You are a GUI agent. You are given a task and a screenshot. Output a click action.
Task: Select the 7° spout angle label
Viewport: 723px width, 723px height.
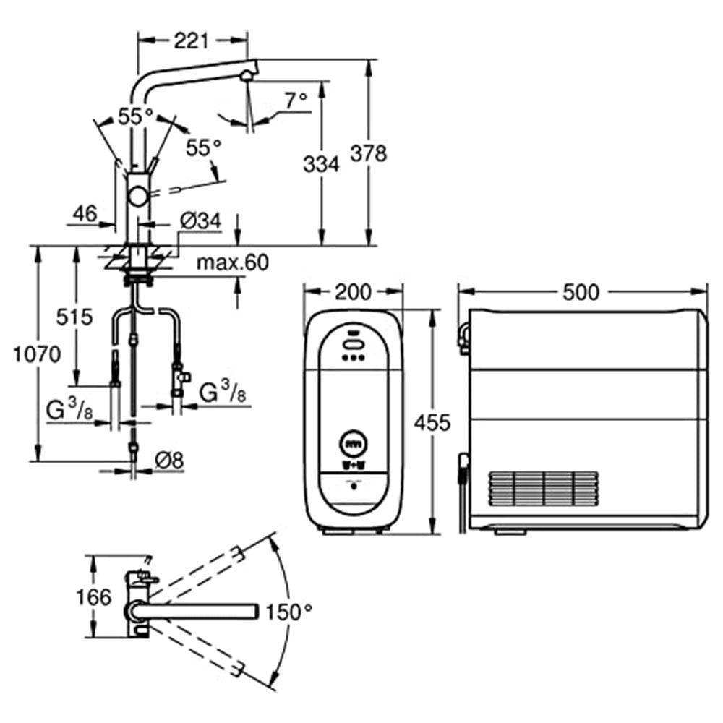pos(295,100)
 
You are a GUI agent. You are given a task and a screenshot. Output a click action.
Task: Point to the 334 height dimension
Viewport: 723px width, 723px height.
pos(321,165)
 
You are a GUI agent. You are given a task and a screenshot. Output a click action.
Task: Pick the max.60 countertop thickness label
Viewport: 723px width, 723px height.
pos(232,262)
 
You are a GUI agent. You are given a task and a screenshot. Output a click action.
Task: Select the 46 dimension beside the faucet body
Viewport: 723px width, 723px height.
pos(85,213)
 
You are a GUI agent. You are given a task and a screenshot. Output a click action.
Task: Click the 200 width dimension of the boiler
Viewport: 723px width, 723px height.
pos(353,291)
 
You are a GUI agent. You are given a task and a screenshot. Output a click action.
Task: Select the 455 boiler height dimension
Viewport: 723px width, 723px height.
pos(432,422)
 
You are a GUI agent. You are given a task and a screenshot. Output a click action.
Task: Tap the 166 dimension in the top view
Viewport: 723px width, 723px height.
pos(94,597)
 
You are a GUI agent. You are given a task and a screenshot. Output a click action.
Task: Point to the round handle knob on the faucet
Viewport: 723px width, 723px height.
pos(137,196)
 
